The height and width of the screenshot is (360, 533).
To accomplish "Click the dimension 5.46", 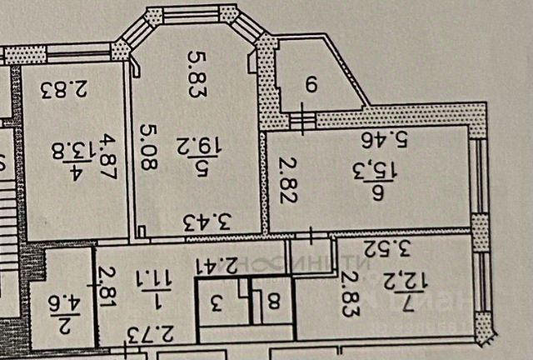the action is (390, 138).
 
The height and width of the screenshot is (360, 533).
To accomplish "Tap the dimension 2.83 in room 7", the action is (345, 292).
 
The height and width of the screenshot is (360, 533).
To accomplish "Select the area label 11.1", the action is (154, 288).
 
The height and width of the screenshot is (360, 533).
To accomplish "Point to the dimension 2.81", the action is (106, 285).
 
